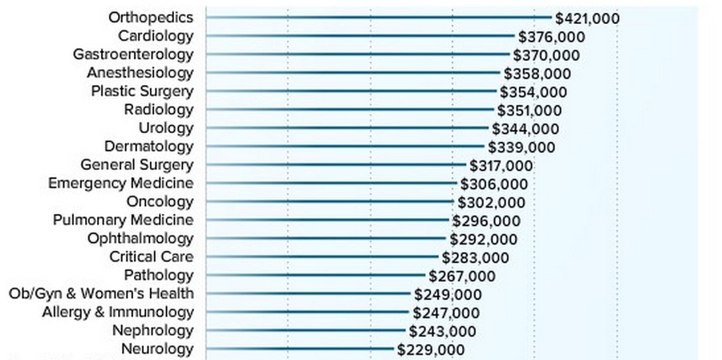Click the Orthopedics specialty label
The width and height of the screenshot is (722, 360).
tap(151, 17)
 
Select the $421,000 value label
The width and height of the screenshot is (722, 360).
tap(587, 18)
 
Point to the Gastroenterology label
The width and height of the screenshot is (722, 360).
tap(133, 54)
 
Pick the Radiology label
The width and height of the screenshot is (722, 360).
tap(159, 109)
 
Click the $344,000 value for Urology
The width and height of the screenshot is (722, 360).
tap(525, 128)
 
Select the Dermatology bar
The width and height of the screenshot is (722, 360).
tap(345, 146)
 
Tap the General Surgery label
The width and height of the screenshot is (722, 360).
tap(137, 164)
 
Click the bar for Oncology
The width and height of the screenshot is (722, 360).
tap(330, 201)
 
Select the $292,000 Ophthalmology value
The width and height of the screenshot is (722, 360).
tap(483, 239)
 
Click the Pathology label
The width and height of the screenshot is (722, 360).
tap(159, 275)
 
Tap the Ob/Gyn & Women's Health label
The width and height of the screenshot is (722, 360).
tap(101, 293)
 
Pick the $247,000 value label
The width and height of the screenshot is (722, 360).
tap(446, 313)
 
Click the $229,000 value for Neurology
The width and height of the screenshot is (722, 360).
tap(431, 350)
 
